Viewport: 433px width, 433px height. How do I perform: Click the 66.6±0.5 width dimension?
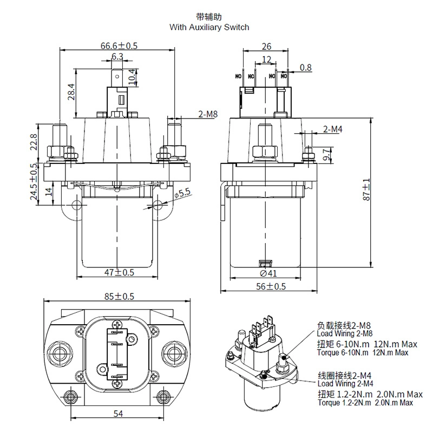pyautogui.click(x=119, y=45)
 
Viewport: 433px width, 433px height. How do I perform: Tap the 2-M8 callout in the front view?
pyautogui.click(x=208, y=114)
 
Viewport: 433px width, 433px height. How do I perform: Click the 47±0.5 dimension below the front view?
pyautogui.click(x=119, y=273)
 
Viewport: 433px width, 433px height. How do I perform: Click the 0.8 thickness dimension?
pyautogui.click(x=306, y=68)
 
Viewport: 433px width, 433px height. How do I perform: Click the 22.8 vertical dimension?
pyautogui.click(x=34, y=142)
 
